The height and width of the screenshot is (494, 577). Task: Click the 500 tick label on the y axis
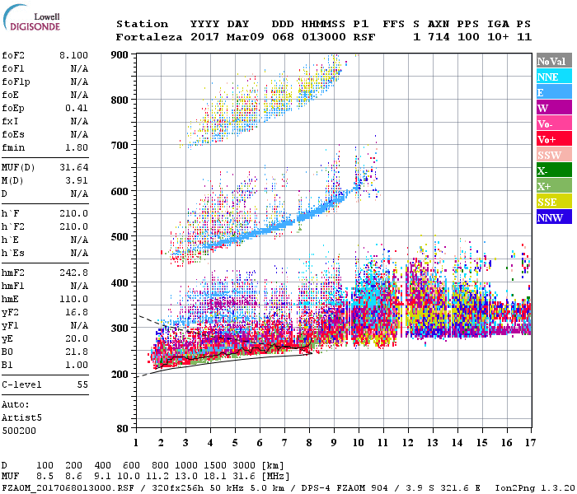120,236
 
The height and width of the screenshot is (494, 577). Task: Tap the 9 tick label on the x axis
333,442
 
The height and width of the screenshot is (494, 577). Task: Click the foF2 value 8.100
73,54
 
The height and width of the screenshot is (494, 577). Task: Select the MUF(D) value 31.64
74,169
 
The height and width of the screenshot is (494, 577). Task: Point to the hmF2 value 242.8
74,272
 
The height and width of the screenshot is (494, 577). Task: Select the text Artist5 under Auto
21,417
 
